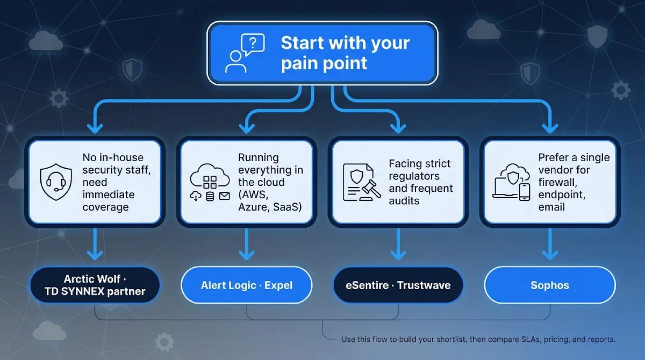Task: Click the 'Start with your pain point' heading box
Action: coord(322,53)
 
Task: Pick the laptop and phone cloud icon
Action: coord(511,182)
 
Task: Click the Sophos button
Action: coord(549,284)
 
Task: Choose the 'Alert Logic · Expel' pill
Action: coord(247,284)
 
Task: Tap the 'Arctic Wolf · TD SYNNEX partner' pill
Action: coord(95,285)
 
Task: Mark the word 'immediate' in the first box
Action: coord(108,195)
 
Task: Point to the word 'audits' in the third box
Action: coord(404,201)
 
